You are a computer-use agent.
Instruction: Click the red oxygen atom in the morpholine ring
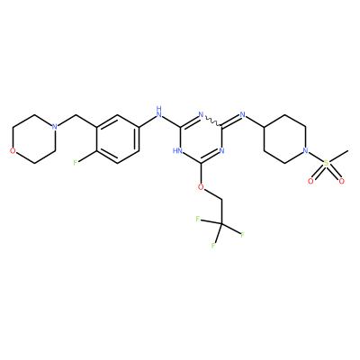tap(13, 150)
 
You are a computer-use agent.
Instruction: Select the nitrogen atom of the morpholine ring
tap(54, 127)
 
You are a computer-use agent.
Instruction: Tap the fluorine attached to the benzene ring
tap(76, 163)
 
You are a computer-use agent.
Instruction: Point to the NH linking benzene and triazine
tap(159, 112)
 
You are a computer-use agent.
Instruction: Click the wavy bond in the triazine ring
tap(212, 121)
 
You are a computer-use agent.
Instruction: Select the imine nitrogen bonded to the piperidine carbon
tap(243, 114)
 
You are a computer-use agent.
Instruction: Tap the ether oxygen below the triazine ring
tap(201, 187)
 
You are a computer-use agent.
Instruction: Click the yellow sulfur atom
tap(326, 163)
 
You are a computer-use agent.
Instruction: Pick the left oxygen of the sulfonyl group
tap(310, 181)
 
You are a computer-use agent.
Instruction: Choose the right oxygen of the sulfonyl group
tap(341, 181)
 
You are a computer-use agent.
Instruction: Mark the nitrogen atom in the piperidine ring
tap(305, 150)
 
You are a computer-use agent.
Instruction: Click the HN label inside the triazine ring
tap(177, 150)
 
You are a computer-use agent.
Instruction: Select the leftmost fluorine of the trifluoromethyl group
tap(198, 219)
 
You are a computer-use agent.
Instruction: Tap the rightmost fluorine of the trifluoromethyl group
tap(242, 234)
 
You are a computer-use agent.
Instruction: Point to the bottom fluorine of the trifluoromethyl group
tap(213, 246)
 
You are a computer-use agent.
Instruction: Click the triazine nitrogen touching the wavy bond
tap(201, 114)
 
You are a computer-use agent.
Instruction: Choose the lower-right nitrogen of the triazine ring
tap(221, 150)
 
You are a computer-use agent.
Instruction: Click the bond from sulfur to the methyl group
tap(338, 157)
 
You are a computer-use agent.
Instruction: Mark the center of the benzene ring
tap(117, 139)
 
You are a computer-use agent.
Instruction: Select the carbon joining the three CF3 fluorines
tap(221, 223)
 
